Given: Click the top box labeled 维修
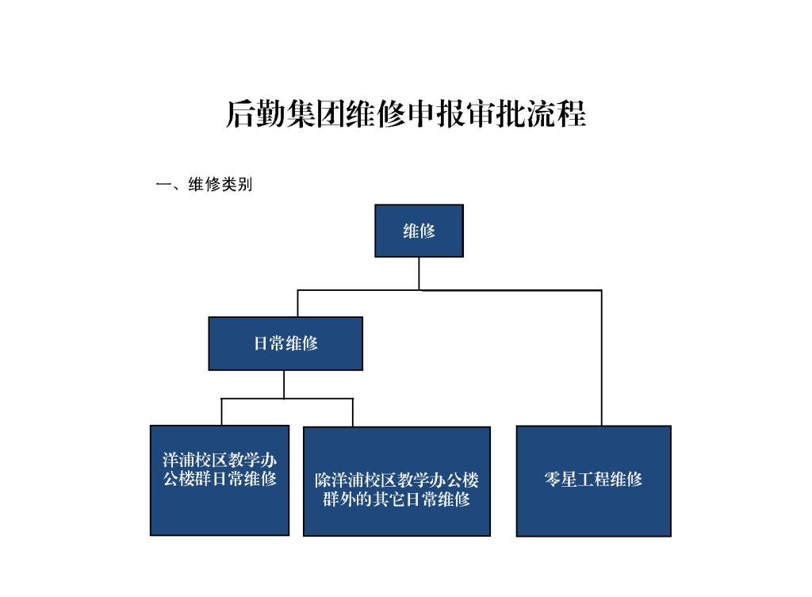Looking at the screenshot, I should coord(419,231).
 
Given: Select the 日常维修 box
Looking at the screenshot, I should coord(285,343).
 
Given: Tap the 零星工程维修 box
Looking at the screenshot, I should coord(593,480).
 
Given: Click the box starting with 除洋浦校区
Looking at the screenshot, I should coord(396,481).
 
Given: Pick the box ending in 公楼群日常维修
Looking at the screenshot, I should coord(220,480).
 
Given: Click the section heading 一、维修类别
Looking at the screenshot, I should coord(204,186).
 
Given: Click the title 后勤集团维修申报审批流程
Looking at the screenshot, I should coord(406,114).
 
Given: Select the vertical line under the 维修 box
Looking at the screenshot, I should coord(419,274).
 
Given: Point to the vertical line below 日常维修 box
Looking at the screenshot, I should coord(284,385).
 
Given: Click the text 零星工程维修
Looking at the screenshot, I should coord(593,479).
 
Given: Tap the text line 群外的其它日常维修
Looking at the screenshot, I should coord(396,499).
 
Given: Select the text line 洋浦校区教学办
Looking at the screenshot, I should coord(220,461).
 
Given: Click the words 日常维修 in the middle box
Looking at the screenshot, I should coord(285,343).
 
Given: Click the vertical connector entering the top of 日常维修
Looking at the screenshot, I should coord(297,304).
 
